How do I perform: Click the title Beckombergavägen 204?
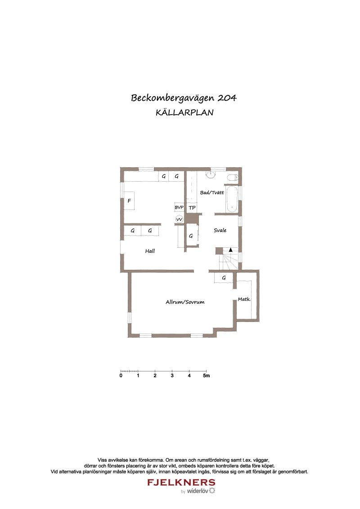tap(184, 98)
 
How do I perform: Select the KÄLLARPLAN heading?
tap(184, 113)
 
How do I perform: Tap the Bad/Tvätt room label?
tap(212, 192)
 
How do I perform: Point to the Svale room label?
tap(220, 230)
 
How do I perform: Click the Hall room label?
tap(150, 251)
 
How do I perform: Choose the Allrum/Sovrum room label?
tap(185, 302)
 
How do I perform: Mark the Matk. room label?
tap(244, 299)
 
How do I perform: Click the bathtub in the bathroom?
tap(232, 199)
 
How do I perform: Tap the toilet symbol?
tap(233, 178)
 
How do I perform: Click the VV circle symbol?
tap(179, 219)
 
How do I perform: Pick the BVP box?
tap(179, 207)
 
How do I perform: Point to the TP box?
tap(192, 208)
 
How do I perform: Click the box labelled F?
tap(129, 201)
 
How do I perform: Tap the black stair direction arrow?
tap(230, 250)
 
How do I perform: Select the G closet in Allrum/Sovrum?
tap(224, 278)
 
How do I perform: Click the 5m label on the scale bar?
tap(206, 375)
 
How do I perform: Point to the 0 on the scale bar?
tap(121, 375)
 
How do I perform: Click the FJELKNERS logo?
tap(181, 482)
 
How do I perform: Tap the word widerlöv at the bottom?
tap(197, 491)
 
